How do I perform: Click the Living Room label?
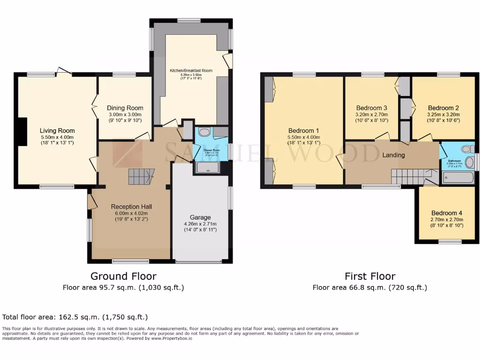point(57,131)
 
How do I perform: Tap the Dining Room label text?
point(124,108)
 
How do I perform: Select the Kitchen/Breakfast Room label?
point(191,71)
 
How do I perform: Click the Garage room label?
point(200,217)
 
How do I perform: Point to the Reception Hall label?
point(131,206)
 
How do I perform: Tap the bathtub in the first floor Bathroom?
point(458,178)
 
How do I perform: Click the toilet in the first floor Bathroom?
point(466,149)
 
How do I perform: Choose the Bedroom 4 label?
point(447,212)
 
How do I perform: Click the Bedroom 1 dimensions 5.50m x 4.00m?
point(304,137)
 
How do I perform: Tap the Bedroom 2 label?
point(443,108)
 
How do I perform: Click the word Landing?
point(393,155)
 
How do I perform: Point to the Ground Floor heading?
point(123,276)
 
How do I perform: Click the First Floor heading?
point(370,276)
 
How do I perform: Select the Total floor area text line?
point(75,317)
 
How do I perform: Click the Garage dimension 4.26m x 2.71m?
point(200,224)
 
